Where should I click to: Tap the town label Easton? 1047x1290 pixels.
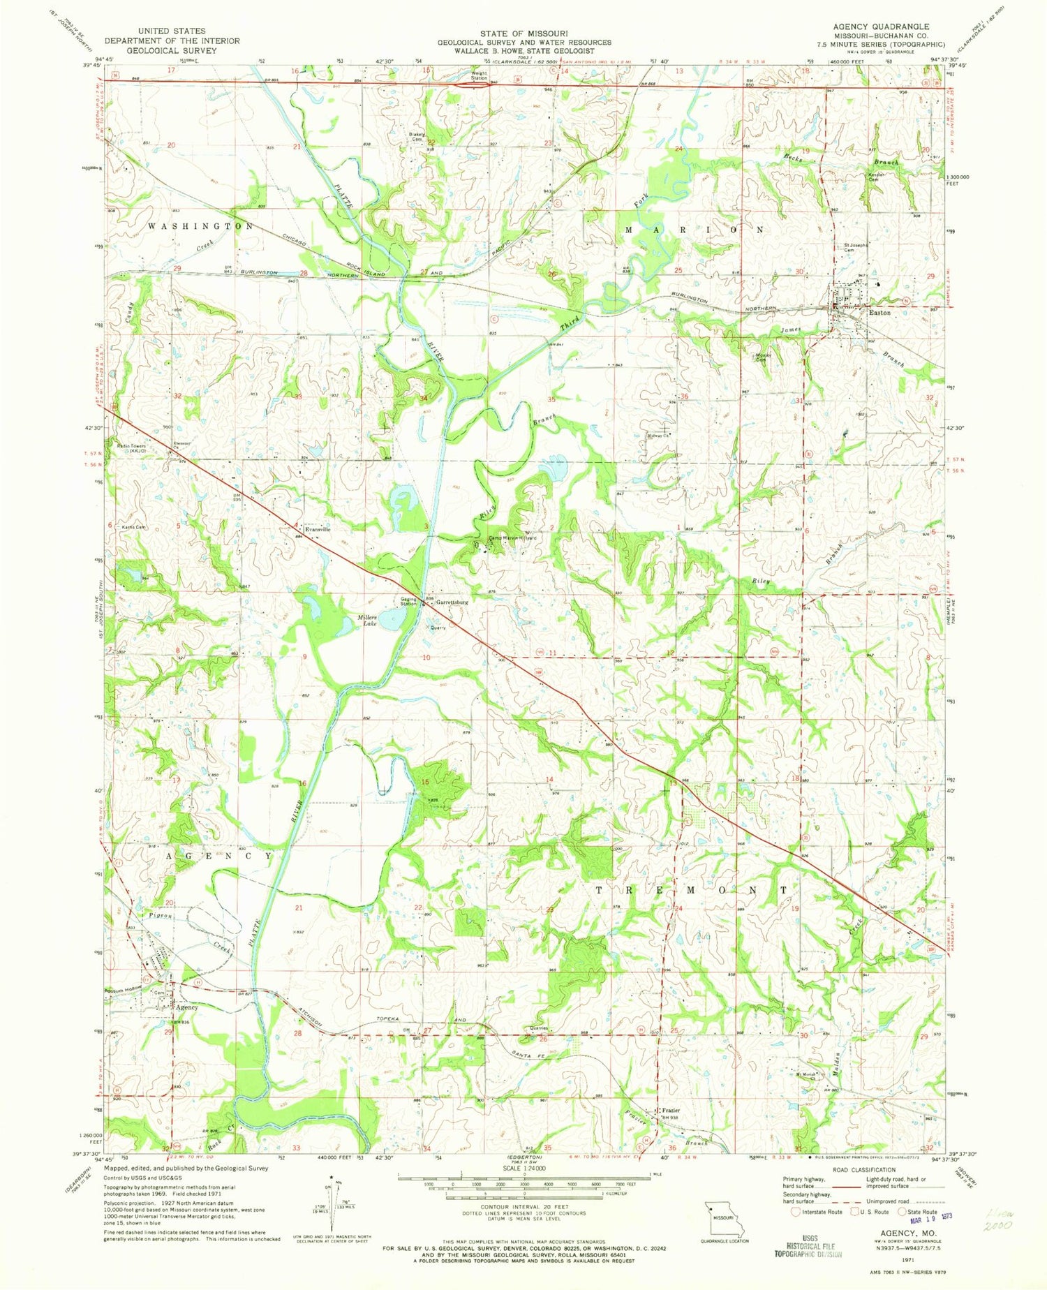coord(879,313)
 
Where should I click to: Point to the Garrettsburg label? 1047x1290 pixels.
coord(452,601)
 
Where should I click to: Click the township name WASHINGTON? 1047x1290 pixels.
coord(200,227)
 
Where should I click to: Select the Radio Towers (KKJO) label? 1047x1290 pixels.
coord(133,449)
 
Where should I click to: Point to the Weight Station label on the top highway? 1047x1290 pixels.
coord(479,75)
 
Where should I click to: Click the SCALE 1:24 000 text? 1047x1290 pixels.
coord(523,1168)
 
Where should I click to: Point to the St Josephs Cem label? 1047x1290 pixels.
coord(856,247)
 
